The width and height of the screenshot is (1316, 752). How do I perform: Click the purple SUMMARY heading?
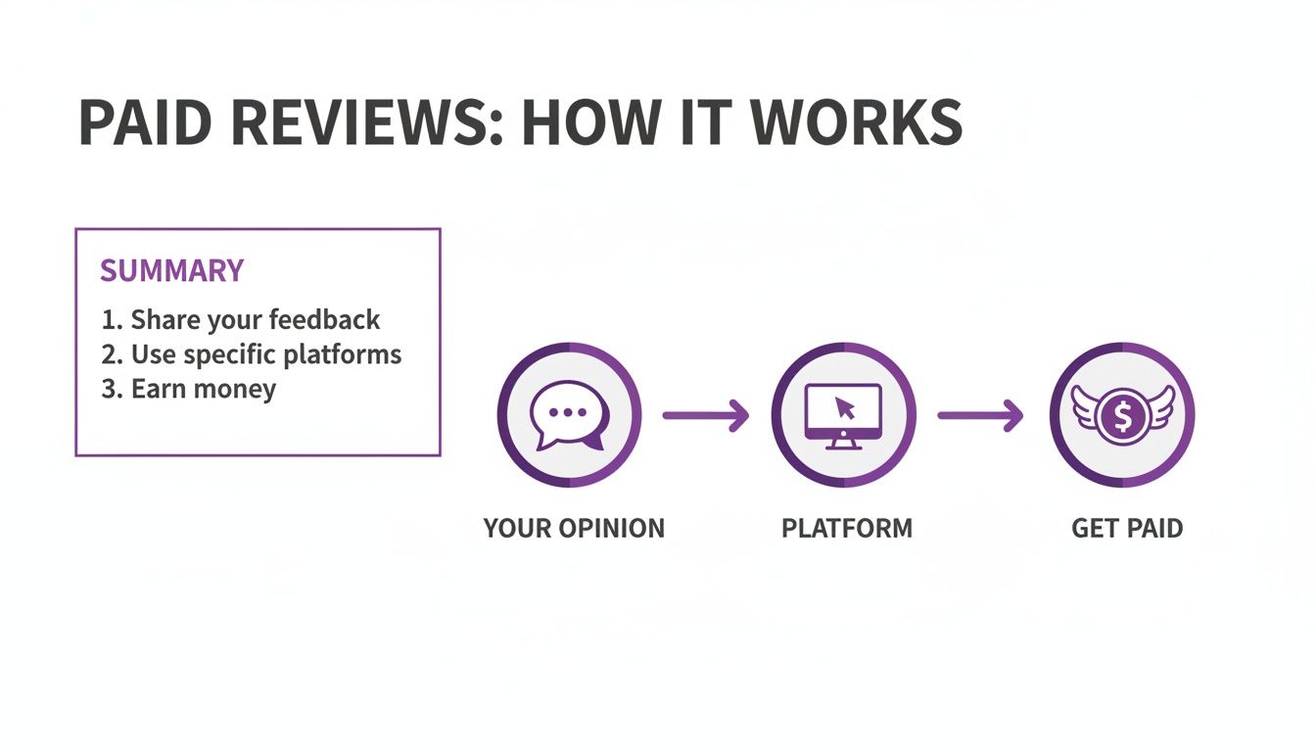pos(171,270)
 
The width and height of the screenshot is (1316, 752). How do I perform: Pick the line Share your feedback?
pos(241,320)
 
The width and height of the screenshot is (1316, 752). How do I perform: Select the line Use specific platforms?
pos(252,354)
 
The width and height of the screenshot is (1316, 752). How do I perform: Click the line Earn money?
pos(189,389)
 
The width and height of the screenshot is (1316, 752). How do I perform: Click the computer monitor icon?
pos(843,415)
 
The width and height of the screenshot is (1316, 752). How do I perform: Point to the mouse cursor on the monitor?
pos(845,408)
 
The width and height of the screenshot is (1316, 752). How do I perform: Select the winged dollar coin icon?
pos(1122,415)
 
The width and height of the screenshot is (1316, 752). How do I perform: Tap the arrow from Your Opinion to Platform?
pos(705,416)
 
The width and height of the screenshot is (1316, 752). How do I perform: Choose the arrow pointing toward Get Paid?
pos(980,416)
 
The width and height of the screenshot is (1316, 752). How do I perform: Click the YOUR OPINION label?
pos(574,529)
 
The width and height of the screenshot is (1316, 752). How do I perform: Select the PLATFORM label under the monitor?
pos(846,529)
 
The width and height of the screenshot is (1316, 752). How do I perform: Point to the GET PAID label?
pos(1127,529)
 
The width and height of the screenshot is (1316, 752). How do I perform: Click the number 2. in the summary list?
pos(111,354)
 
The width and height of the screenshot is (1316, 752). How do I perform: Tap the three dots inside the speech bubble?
pos(567,412)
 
